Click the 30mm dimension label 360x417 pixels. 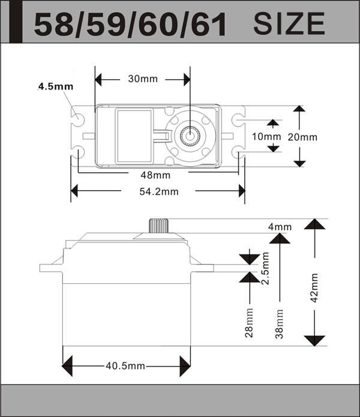click(143, 79)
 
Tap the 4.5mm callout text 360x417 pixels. click(56, 86)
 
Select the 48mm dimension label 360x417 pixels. click(155, 175)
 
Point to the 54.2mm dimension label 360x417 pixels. click(159, 191)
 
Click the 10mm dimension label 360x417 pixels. click(266, 137)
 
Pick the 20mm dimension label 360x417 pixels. click(302, 137)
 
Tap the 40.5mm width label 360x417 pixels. click(125, 366)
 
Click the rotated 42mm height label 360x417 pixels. click(314, 288)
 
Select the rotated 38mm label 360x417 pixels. click(280, 323)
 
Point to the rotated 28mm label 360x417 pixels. click(249, 323)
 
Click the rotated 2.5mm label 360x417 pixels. click(265, 268)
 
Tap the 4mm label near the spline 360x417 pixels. click(280, 227)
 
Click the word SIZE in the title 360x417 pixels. click(289, 24)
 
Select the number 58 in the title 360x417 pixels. click(53, 25)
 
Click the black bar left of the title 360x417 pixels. click(16, 22)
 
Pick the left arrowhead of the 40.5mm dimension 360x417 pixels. click(67, 366)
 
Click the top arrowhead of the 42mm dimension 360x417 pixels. click(314, 224)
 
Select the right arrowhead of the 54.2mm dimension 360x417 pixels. click(242, 191)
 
